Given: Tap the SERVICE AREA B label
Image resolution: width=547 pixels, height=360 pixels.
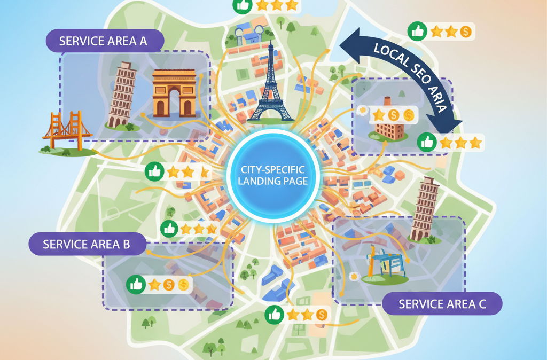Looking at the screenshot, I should [87, 244].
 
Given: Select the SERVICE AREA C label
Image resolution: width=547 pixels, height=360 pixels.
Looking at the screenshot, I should [442, 304].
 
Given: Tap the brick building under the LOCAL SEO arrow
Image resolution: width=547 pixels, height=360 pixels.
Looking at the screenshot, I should [389, 124].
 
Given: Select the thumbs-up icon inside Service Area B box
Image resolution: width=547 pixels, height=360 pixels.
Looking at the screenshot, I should [135, 285].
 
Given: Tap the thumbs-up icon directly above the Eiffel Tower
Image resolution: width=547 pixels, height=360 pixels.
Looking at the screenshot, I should [241, 6].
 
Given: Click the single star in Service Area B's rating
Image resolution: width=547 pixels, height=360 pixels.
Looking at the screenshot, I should [154, 285].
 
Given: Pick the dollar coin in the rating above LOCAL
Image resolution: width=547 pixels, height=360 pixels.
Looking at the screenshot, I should [465, 32].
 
